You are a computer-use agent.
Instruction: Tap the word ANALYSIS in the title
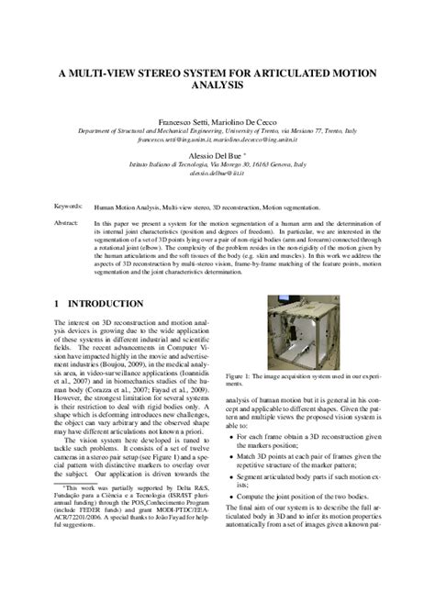point(217,86)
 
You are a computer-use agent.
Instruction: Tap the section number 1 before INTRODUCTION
point(57,302)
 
